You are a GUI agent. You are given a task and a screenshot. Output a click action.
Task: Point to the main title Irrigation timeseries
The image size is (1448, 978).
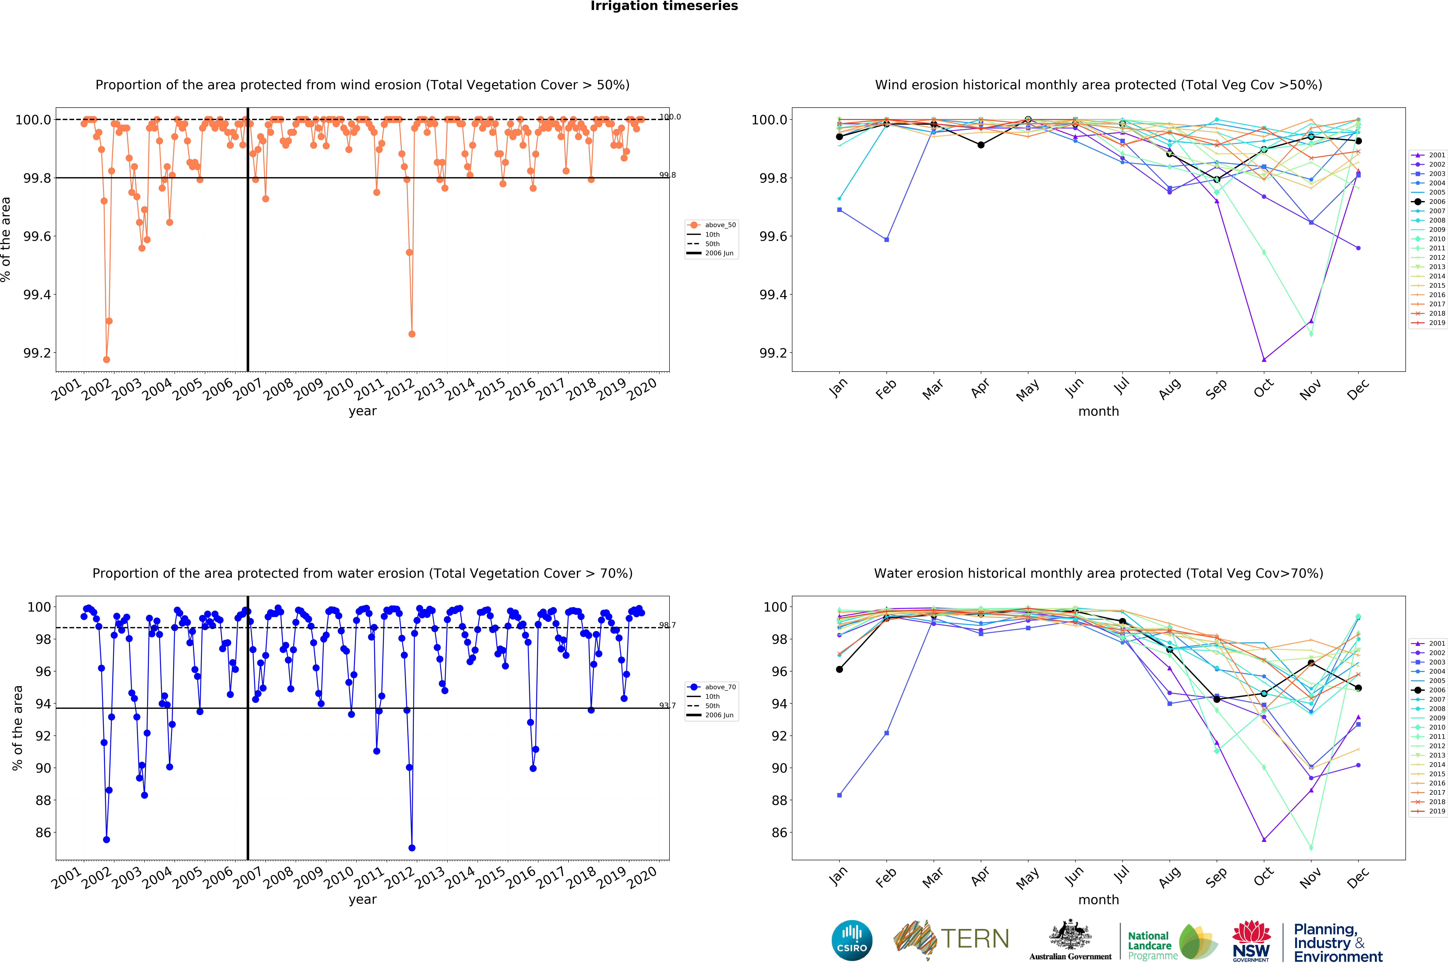664,6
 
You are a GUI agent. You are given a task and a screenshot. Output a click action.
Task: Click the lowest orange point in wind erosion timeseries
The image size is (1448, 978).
107,359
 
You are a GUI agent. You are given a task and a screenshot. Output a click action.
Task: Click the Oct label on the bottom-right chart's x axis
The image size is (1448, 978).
1264,877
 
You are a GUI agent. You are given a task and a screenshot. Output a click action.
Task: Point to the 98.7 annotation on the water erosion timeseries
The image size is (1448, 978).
667,625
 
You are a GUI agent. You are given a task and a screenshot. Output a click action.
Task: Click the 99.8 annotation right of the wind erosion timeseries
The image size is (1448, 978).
667,175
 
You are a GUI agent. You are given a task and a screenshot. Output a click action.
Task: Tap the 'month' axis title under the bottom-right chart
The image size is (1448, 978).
1098,899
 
